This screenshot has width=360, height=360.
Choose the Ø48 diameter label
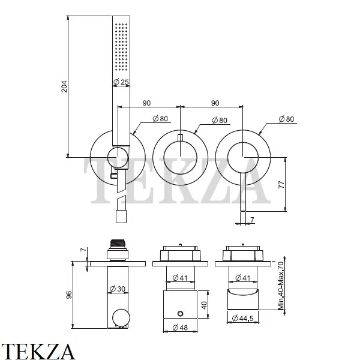tap(179, 328)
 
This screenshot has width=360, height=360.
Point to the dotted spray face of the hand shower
tap(121, 48)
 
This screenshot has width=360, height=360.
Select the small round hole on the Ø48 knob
tap(179, 314)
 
